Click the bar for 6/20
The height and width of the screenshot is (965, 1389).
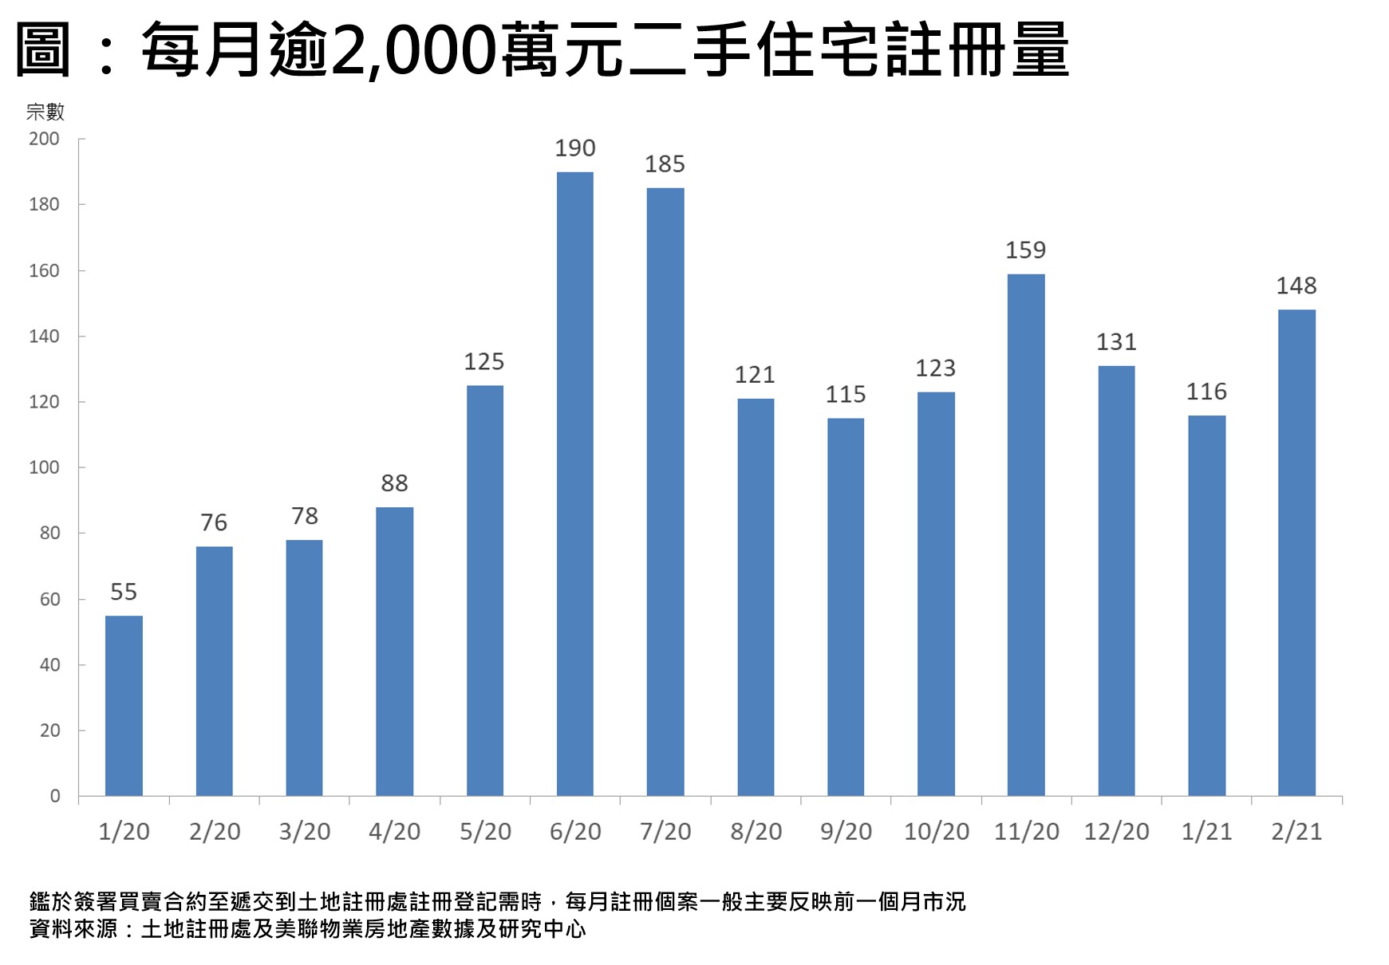[x=574, y=483]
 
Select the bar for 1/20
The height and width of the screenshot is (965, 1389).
[x=124, y=705]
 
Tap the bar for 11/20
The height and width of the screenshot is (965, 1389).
[x=1026, y=534]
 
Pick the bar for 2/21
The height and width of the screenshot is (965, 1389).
[x=1296, y=552]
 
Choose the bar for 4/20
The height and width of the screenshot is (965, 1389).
[x=394, y=651]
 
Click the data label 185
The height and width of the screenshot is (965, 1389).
[x=665, y=164]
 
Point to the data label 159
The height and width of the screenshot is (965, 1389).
[x=1025, y=250]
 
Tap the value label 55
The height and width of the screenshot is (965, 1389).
[x=124, y=592]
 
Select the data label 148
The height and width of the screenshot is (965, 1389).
[x=1296, y=286]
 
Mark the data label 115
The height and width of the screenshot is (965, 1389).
[x=845, y=395]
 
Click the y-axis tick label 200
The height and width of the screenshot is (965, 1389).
[x=44, y=139]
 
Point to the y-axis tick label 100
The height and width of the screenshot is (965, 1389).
[x=44, y=467]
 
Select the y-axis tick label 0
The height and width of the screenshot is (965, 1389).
[x=54, y=796]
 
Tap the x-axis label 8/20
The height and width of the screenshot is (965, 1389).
[x=756, y=832]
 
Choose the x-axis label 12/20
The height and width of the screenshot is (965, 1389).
[x=1116, y=832]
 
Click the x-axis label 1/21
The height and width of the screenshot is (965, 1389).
[x=1206, y=832]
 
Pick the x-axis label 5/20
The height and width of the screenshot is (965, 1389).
[x=485, y=832]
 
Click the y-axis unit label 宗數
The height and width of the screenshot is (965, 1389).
[x=45, y=112]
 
